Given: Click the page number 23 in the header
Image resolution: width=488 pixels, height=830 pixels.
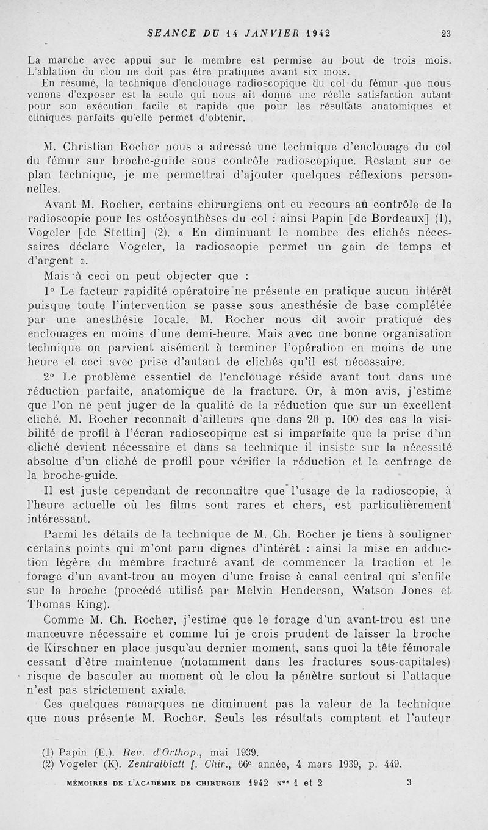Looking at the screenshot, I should [446, 34].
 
